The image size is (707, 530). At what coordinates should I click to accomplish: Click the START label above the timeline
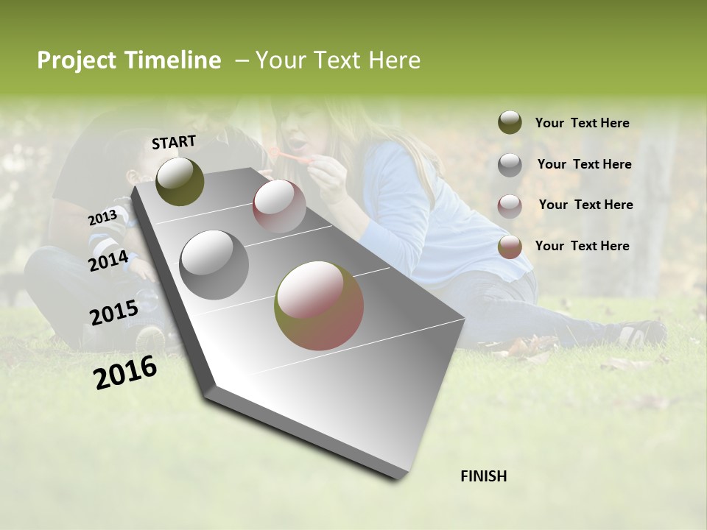tap(174, 142)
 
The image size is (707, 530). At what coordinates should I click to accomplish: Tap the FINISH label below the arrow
tap(483, 476)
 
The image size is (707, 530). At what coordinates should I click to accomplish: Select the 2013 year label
tap(102, 217)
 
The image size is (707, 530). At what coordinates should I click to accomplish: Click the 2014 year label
tap(108, 261)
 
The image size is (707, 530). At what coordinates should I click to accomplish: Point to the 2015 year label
tap(113, 313)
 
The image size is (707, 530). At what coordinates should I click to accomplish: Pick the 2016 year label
tap(125, 372)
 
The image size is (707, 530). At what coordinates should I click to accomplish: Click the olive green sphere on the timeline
tap(180, 181)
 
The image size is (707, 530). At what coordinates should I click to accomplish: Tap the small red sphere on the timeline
tap(279, 206)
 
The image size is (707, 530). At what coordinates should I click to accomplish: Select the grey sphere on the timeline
tap(214, 265)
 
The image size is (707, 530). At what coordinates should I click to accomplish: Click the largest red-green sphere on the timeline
tap(319, 305)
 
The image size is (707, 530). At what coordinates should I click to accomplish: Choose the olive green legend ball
tap(510, 122)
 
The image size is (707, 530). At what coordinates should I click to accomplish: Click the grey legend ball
tap(510, 165)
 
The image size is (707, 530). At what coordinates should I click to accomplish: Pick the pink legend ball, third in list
tap(510, 205)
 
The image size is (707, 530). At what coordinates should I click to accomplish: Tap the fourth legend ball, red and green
tap(510, 247)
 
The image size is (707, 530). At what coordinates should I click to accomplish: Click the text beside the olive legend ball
tap(582, 124)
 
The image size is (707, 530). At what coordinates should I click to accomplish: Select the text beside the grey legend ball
tap(584, 164)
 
